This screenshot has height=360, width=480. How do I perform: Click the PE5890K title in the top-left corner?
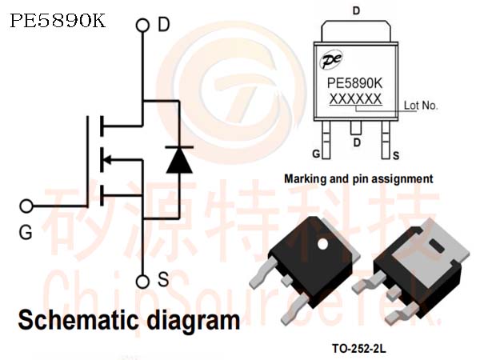click(58, 21)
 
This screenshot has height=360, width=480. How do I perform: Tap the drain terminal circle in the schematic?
click(142, 26)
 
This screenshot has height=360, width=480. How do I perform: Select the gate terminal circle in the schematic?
click(26, 206)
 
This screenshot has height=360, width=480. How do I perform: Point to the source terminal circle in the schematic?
click(142, 282)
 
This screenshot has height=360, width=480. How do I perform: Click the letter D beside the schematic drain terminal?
click(164, 25)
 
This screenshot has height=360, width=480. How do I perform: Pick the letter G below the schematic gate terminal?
click(26, 233)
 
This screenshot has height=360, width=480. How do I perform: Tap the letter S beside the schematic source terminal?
click(163, 279)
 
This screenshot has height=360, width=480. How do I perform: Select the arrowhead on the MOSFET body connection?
click(107, 159)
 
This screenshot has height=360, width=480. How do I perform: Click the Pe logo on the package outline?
click(331, 59)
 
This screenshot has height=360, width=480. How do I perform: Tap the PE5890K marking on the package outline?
click(354, 83)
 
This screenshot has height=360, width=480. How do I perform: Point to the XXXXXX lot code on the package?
click(355, 99)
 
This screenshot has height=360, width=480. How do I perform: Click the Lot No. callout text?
click(421, 106)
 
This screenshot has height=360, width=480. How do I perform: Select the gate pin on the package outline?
click(326, 139)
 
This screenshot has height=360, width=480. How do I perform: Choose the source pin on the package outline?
click(386, 139)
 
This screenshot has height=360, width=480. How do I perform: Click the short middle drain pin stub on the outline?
click(356, 128)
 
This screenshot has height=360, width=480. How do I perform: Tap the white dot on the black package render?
click(322, 244)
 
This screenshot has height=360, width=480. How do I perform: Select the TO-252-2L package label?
click(359, 348)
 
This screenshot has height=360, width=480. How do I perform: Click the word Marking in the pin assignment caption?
click(306, 178)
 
